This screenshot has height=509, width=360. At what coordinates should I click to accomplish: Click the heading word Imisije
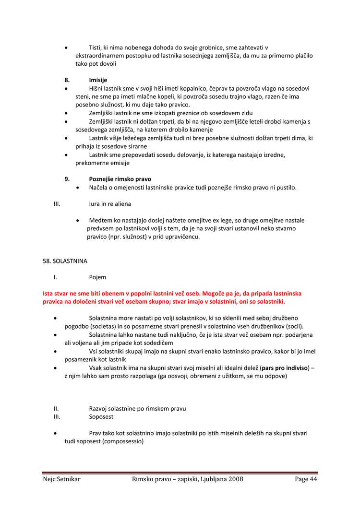(x=98, y=80)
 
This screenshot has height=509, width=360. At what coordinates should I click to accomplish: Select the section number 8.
(x=67, y=80)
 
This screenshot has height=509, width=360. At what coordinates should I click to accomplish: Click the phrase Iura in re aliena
(x=110, y=204)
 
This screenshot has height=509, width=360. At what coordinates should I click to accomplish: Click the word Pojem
(x=97, y=277)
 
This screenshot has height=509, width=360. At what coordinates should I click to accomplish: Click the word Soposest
(x=101, y=417)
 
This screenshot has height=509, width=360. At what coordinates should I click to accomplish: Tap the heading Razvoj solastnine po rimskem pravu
(x=137, y=409)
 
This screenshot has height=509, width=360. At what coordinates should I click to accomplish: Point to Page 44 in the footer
(x=306, y=479)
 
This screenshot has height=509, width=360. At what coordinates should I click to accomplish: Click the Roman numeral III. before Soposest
(x=57, y=417)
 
